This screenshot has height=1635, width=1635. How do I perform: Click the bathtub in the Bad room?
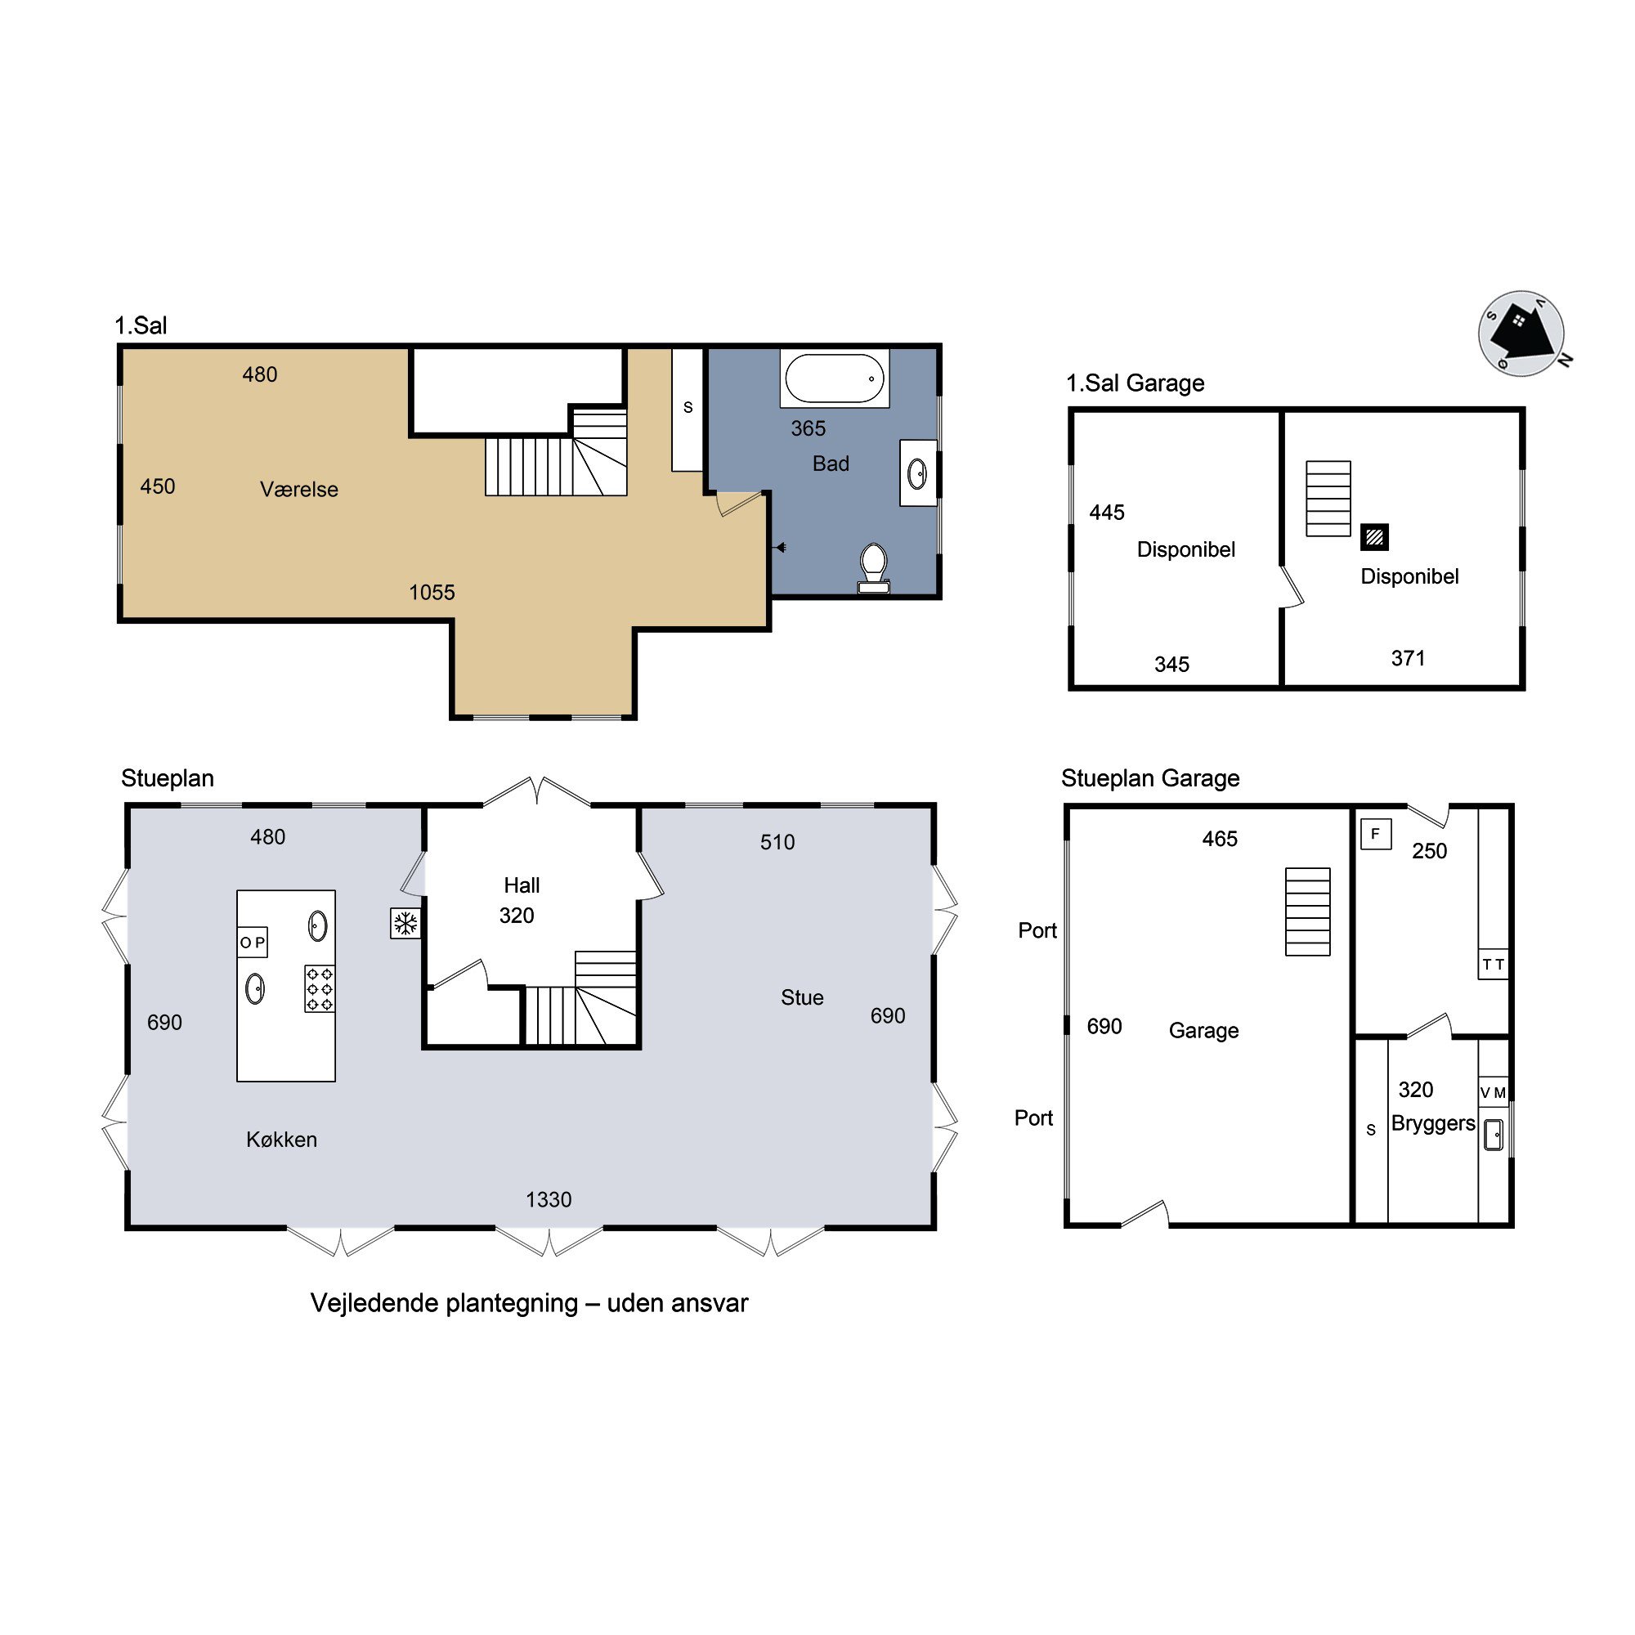[x=835, y=378]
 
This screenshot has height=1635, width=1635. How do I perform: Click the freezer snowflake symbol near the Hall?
[x=406, y=922]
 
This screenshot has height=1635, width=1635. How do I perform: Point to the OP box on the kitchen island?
[x=252, y=942]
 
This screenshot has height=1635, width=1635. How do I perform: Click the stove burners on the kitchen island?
[x=320, y=988]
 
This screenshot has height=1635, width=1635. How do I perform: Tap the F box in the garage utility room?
[x=1376, y=835]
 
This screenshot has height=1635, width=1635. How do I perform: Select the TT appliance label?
[x=1494, y=964]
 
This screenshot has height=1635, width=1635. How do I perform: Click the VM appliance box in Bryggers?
[x=1494, y=1092]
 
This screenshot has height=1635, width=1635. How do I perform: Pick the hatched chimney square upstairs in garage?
[x=1374, y=536]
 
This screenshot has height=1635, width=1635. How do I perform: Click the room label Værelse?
[x=298, y=489]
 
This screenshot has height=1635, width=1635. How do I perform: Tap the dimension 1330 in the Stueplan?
[x=549, y=1199]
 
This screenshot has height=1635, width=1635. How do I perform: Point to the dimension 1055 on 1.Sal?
[x=432, y=593]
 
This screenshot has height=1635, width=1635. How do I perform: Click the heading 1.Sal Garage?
[x=1135, y=383]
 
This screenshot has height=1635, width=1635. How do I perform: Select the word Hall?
[x=522, y=885]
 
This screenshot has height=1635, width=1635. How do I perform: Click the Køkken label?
[x=282, y=1139]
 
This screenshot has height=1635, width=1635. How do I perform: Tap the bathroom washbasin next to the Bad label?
[x=917, y=473]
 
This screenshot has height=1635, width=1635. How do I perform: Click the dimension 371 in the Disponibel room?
[x=1409, y=657]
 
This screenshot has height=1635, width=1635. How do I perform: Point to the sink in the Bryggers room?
[x=1494, y=1135]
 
